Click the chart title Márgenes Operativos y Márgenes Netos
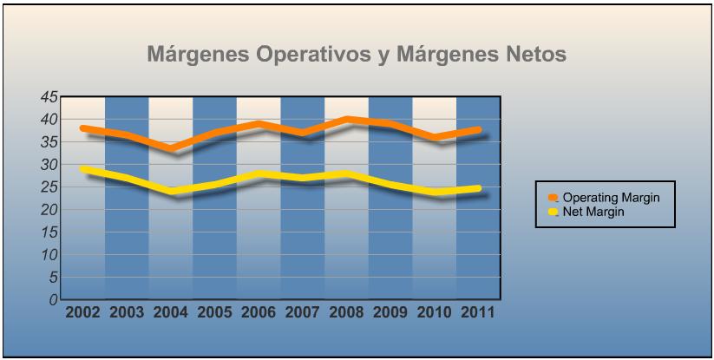tap(357, 56)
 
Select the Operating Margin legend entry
tap(598, 198)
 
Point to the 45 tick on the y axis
tap(49, 96)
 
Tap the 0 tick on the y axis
tap(53, 300)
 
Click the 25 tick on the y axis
tap(49, 187)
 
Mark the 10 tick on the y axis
tap(49, 254)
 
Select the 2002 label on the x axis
tap(83, 311)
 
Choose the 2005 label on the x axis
tap(215, 311)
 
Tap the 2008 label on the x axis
tap(346, 311)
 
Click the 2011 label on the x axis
tap(478, 311)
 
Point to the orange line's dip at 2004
tap(171, 147)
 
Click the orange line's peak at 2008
tap(346, 119)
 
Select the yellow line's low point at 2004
tap(171, 191)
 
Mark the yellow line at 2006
tap(259, 173)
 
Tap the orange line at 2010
tap(434, 137)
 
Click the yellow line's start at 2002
tap(83, 169)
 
